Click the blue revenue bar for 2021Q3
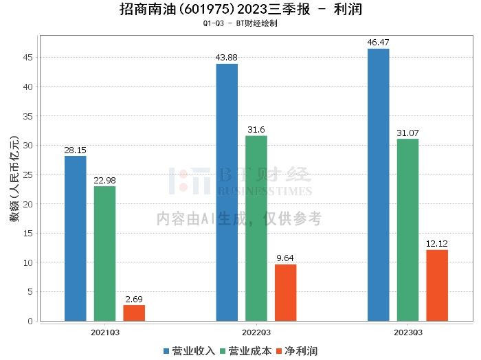(76, 238)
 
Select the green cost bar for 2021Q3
(105, 254)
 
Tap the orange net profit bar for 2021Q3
(134, 313)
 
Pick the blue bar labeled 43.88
(227, 192)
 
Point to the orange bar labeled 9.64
(285, 293)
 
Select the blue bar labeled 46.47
(378, 185)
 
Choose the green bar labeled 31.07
(407, 229)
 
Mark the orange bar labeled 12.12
(437, 285)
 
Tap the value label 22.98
(105, 181)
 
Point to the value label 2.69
(134, 300)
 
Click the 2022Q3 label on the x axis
(256, 332)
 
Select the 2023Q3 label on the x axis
(407, 332)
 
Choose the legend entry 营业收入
(189, 351)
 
